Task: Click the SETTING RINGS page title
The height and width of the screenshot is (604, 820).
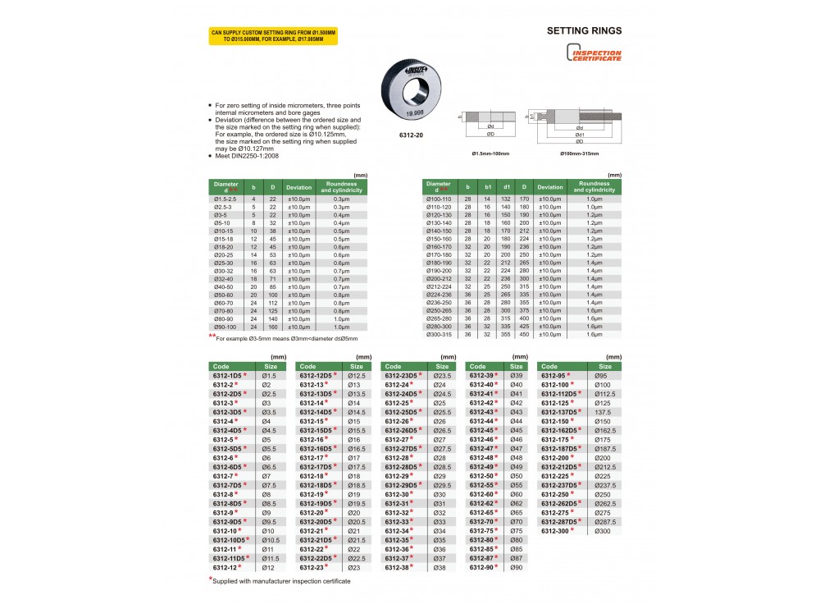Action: coord(584,31)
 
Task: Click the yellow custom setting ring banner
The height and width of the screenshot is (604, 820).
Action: coord(273,35)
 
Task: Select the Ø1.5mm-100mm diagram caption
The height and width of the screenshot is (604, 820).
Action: coord(490,153)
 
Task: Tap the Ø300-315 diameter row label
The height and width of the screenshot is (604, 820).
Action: coord(438,334)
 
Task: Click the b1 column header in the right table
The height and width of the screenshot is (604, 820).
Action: coord(488,187)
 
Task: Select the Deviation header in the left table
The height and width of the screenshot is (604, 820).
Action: coord(298,187)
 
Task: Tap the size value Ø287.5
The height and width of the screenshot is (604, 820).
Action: coord(604,521)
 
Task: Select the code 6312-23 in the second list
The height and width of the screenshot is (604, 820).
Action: coord(312,568)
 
